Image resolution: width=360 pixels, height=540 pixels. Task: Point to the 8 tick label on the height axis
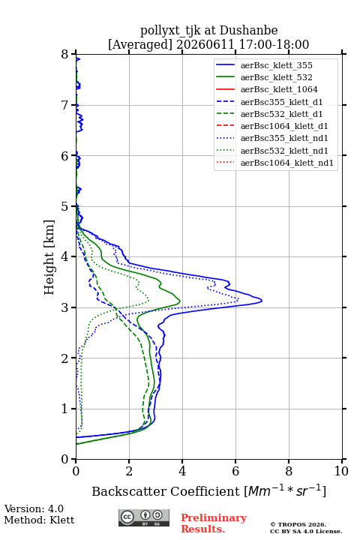[x=65, y=54]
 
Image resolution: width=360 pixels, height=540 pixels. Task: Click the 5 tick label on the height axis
[x=65, y=206]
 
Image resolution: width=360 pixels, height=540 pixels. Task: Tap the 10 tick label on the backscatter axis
[x=341, y=471]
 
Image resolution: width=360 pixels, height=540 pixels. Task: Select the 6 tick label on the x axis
[x=235, y=471]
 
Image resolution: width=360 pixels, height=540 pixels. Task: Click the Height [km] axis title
[x=49, y=257]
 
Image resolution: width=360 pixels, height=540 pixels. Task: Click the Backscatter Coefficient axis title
[x=208, y=490]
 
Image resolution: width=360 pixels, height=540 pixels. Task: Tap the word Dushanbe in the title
[x=249, y=31]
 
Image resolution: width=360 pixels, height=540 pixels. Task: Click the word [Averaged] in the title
[x=139, y=45]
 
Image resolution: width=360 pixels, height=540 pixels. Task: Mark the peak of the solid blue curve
[x=262, y=301]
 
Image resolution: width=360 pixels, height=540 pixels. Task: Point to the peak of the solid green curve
[x=180, y=301]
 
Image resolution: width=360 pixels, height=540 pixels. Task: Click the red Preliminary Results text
[x=214, y=523]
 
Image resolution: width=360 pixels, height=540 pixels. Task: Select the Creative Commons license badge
[x=144, y=517]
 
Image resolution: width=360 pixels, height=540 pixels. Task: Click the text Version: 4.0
[x=34, y=508]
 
